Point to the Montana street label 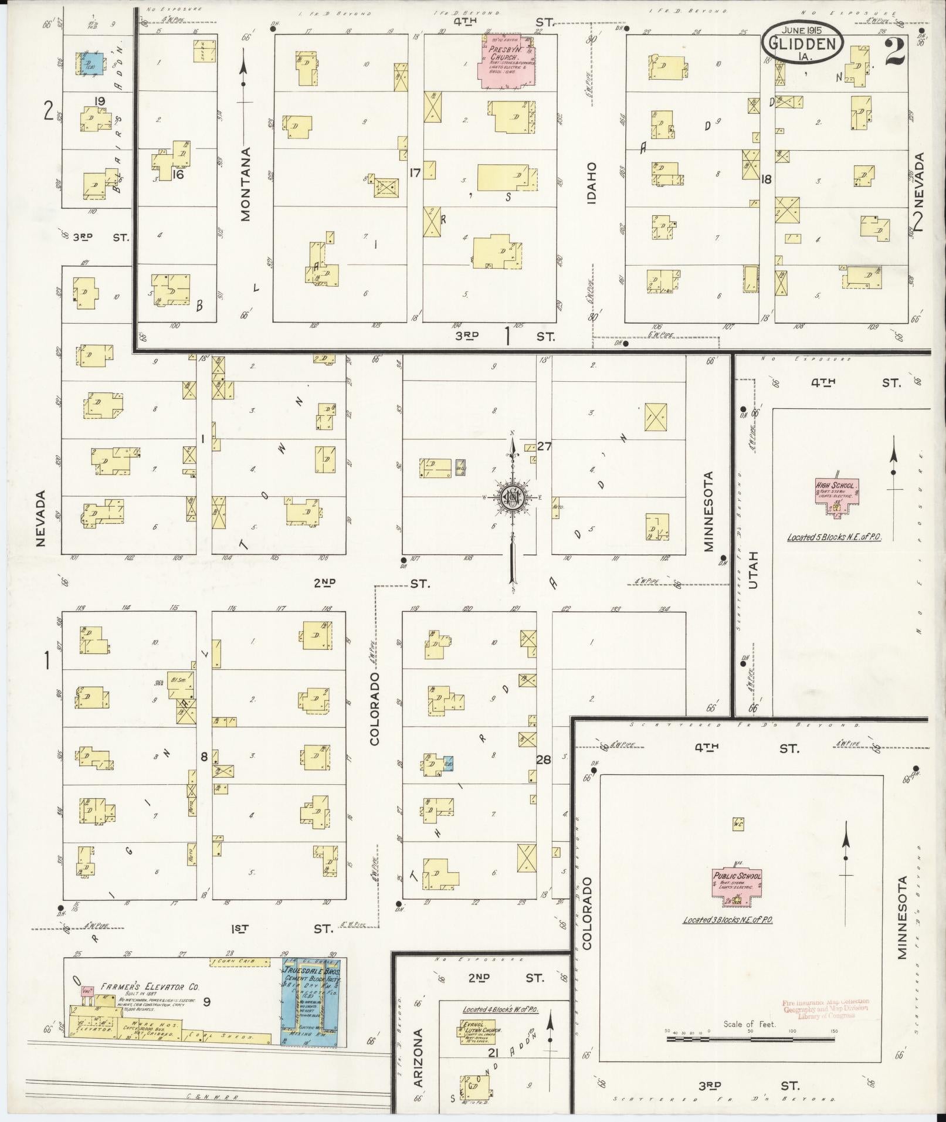click(x=245, y=184)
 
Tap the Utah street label click(x=754, y=570)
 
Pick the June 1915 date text click(x=803, y=29)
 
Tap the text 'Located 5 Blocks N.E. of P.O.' click(x=835, y=537)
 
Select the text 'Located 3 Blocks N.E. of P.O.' click(x=728, y=920)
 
